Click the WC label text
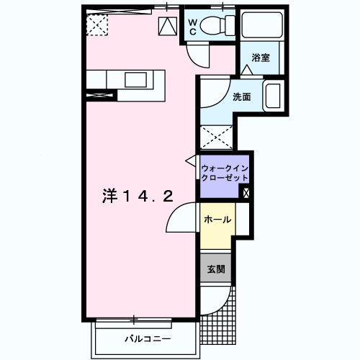point(193,27)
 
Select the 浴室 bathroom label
point(261,58)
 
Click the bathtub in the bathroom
point(262,25)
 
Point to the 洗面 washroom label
point(242,96)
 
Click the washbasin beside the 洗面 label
point(273,96)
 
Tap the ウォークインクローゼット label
point(225,173)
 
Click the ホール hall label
point(217,220)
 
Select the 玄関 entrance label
point(216,269)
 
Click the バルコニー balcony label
point(148,339)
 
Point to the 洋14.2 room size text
point(138,196)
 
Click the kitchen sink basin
point(135,80)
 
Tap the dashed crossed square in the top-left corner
point(97,24)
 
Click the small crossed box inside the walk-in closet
point(246,193)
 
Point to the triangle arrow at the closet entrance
point(191,161)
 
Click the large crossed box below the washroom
point(216,138)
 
